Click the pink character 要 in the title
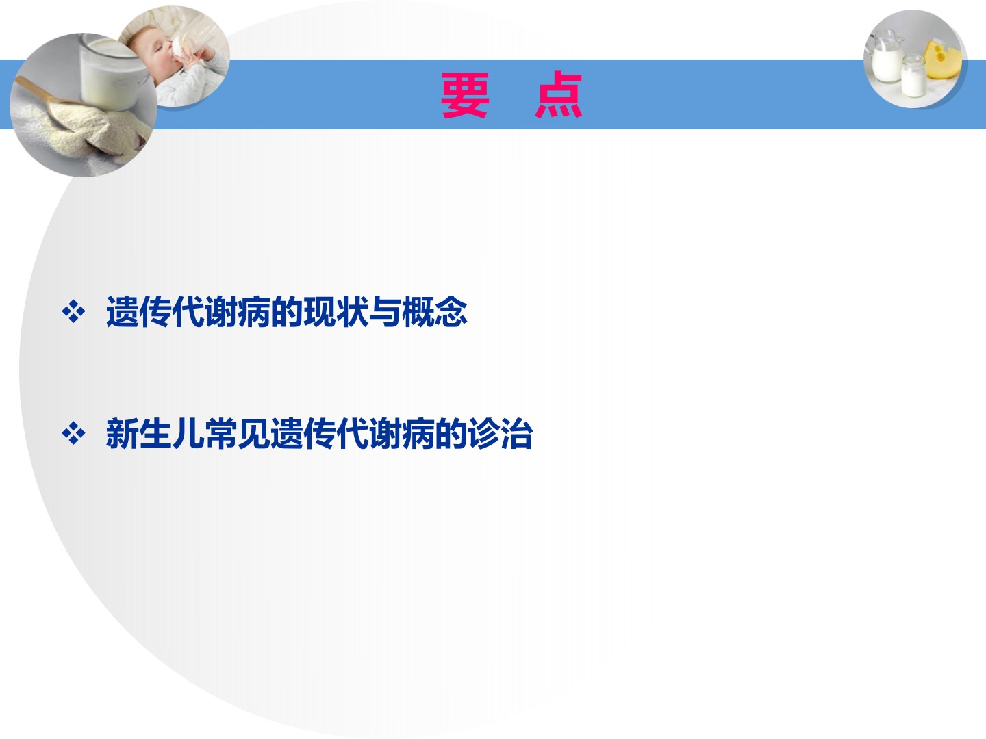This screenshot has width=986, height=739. [464, 96]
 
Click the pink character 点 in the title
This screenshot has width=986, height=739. [558, 94]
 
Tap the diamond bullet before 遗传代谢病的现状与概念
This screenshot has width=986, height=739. [74, 312]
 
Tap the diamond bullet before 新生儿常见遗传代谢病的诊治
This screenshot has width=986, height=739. [74, 433]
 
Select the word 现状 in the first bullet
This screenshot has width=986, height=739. [336, 312]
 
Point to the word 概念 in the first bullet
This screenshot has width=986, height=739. [434, 312]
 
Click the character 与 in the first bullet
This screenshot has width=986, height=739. [385, 312]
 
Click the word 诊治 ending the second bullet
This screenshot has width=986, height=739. [500, 433]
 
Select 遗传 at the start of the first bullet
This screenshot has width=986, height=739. [139, 312]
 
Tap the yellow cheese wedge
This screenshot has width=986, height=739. [943, 60]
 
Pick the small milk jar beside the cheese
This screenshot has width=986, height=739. [913, 76]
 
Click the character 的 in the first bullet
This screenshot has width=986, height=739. [287, 312]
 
